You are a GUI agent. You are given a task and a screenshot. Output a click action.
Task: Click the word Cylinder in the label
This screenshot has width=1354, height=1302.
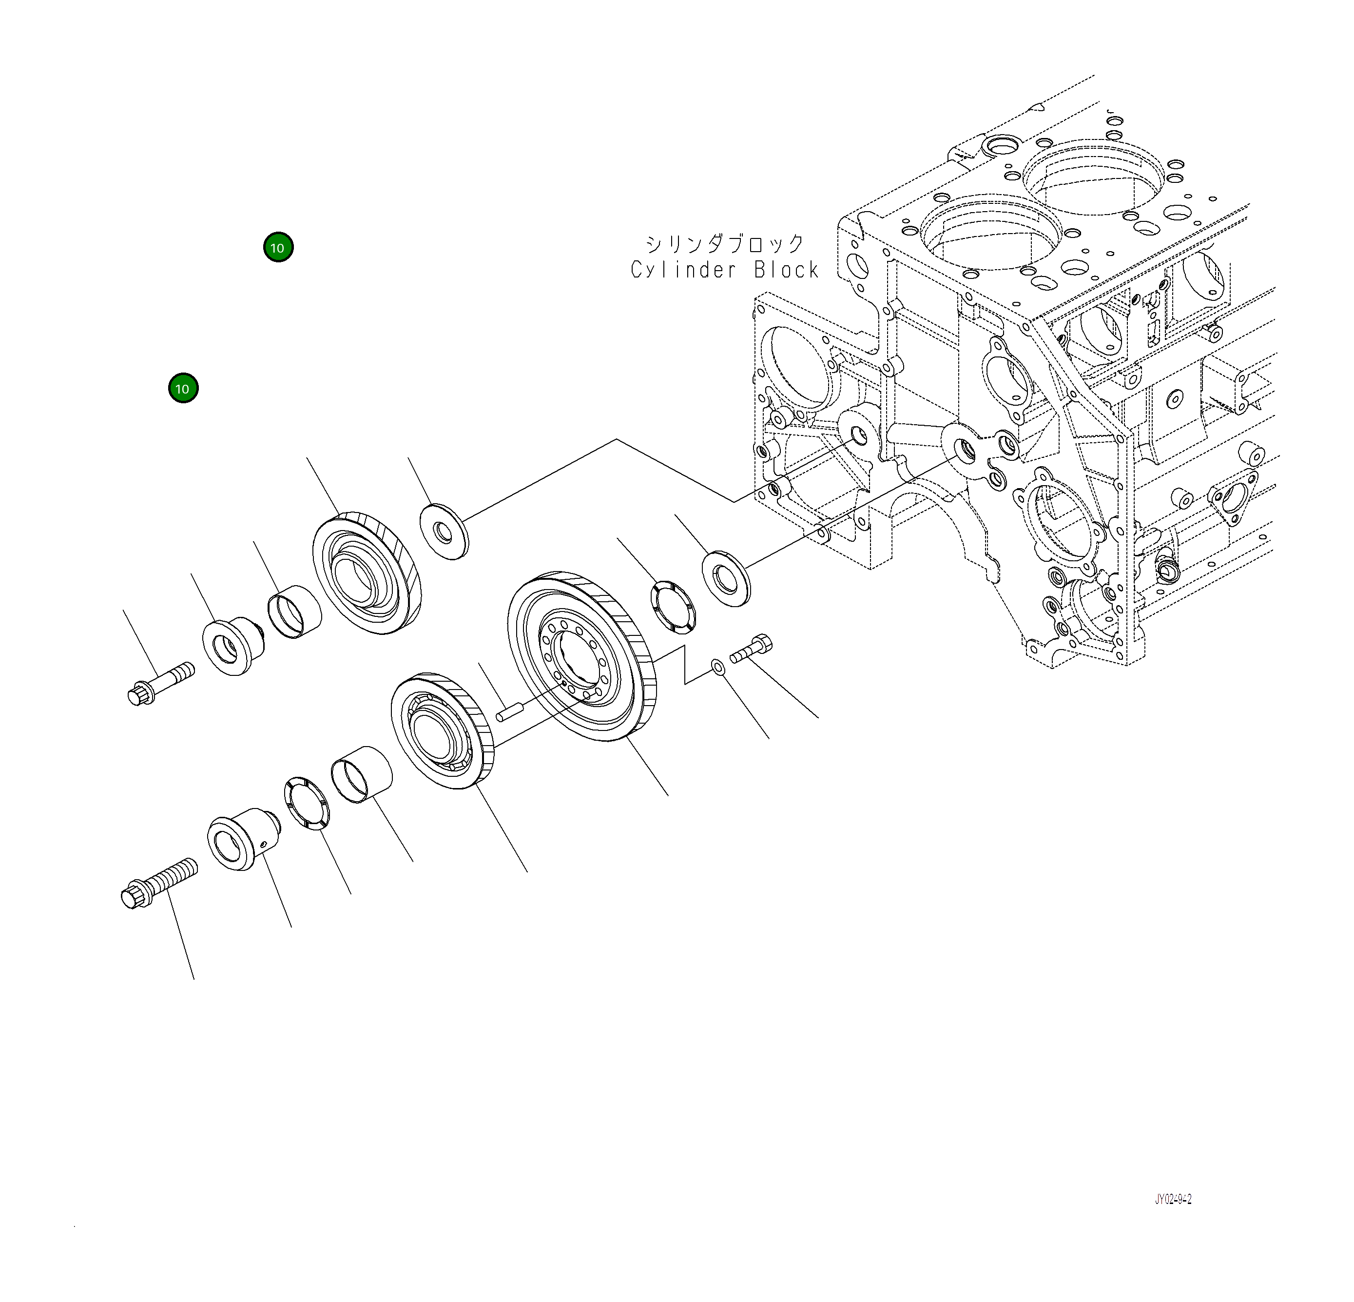(x=684, y=270)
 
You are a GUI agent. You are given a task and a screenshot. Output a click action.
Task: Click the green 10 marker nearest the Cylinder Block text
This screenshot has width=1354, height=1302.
(x=278, y=247)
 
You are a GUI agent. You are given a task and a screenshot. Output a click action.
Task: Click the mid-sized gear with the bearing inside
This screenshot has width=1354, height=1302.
(x=442, y=730)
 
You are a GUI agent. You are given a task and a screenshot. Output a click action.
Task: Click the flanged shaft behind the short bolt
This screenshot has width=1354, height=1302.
(x=233, y=646)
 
